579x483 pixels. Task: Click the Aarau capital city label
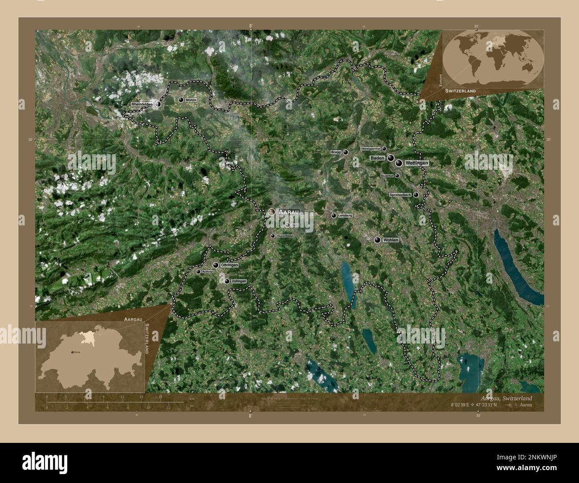tap(289, 213)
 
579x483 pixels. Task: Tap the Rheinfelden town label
tap(142, 104)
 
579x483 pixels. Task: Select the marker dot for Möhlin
tap(181, 100)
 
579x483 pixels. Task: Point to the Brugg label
tap(336, 152)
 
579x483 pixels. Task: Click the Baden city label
tap(377, 158)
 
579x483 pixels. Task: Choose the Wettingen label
tap(417, 164)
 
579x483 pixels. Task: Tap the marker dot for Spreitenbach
tap(416, 195)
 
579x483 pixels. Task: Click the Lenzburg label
tap(345, 216)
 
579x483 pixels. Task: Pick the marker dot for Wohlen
tap(378, 240)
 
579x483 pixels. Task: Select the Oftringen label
tap(229, 265)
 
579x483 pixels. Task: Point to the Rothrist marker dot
tap(198, 271)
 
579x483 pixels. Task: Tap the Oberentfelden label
tap(285, 236)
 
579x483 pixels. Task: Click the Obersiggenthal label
tap(370, 148)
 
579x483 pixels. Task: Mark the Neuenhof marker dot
tap(397, 176)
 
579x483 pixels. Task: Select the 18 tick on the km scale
tap(160, 397)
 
